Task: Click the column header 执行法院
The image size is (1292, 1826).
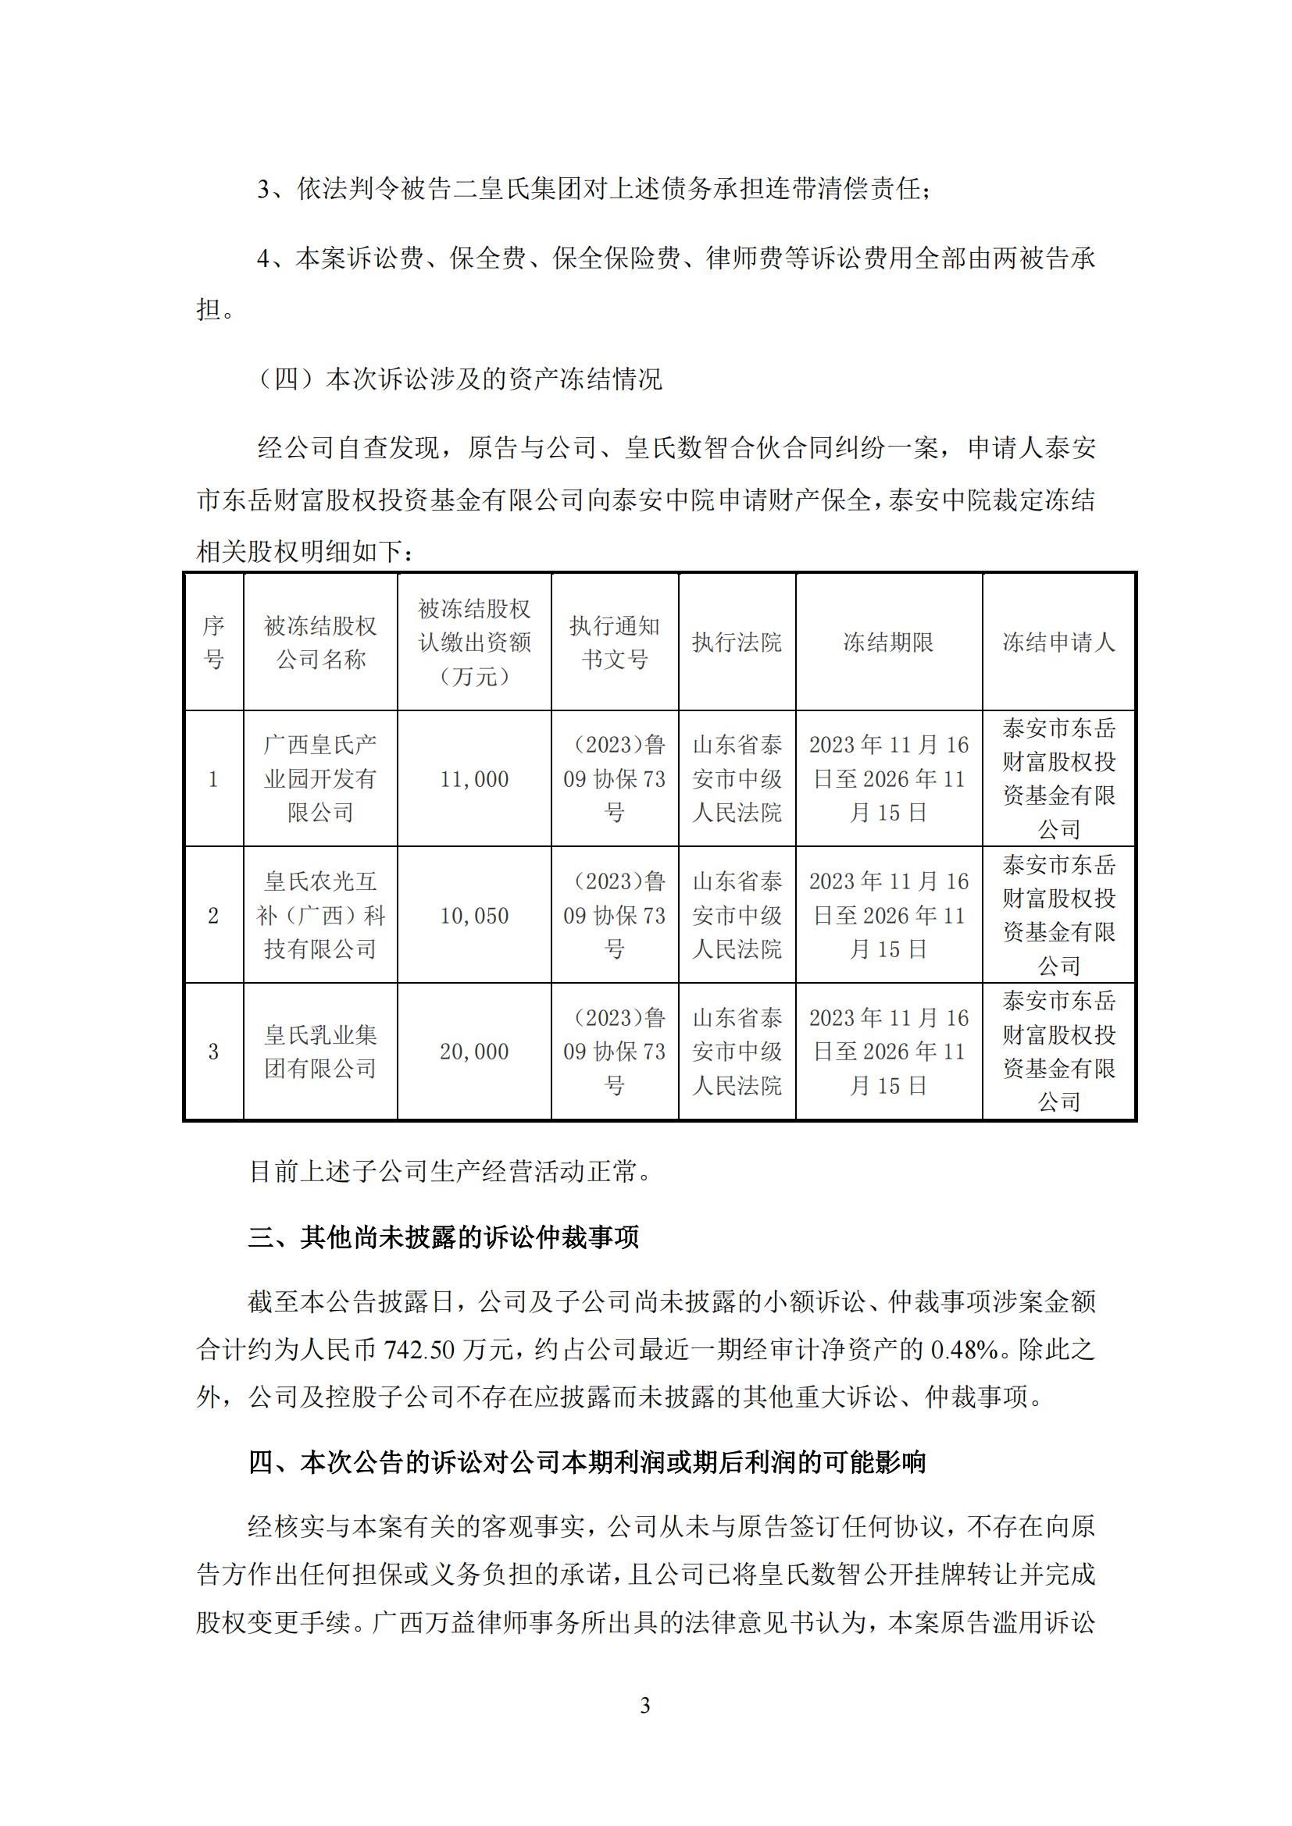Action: coord(737,642)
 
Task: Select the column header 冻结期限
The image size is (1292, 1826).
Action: coord(888,642)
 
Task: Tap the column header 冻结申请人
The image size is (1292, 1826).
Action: coord(1058,642)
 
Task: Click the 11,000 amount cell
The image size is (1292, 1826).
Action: coord(474,778)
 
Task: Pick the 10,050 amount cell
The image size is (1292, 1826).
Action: coord(474,916)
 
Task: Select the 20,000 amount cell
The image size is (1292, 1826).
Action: coord(474,1052)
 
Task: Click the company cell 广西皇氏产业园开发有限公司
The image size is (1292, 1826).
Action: coord(319,778)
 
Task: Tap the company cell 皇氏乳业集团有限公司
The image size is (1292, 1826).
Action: coord(319,1052)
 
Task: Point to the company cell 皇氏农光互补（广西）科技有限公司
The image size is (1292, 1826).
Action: coord(319,916)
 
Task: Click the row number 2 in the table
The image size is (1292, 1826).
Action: coord(213,916)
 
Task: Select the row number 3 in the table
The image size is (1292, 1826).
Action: coord(213,1052)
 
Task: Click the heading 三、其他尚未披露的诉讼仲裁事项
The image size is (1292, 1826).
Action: coord(444,1238)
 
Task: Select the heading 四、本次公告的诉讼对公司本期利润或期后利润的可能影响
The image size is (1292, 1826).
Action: coord(587,1461)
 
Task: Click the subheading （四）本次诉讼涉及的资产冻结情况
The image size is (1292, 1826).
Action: coord(460,379)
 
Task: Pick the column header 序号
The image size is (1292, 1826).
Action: coord(213,642)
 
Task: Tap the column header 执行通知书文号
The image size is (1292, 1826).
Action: coord(614,642)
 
